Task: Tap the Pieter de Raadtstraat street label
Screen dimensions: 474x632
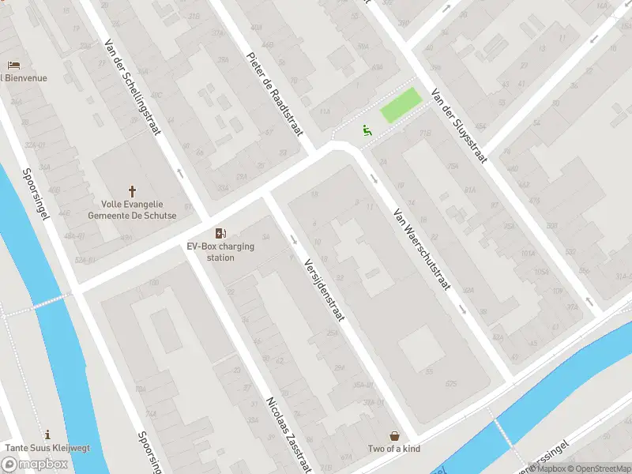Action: click(275, 93)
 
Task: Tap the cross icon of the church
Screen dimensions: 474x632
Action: click(132, 191)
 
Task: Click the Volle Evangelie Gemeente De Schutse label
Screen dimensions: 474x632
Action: click(132, 209)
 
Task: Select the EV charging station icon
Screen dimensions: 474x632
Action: click(220, 233)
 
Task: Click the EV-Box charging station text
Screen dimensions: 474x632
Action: click(220, 251)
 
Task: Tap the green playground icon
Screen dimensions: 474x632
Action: click(367, 130)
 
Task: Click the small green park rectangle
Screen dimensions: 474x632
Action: click(401, 106)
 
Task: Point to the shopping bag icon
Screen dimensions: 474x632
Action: click(394, 435)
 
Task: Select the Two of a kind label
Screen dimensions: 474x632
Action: click(394, 449)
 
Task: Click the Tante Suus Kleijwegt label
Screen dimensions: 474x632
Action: click(47, 448)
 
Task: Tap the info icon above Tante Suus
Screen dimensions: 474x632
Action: click(47, 434)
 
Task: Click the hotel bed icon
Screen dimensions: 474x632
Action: click(13, 65)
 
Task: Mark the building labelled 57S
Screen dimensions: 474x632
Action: click(451, 383)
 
